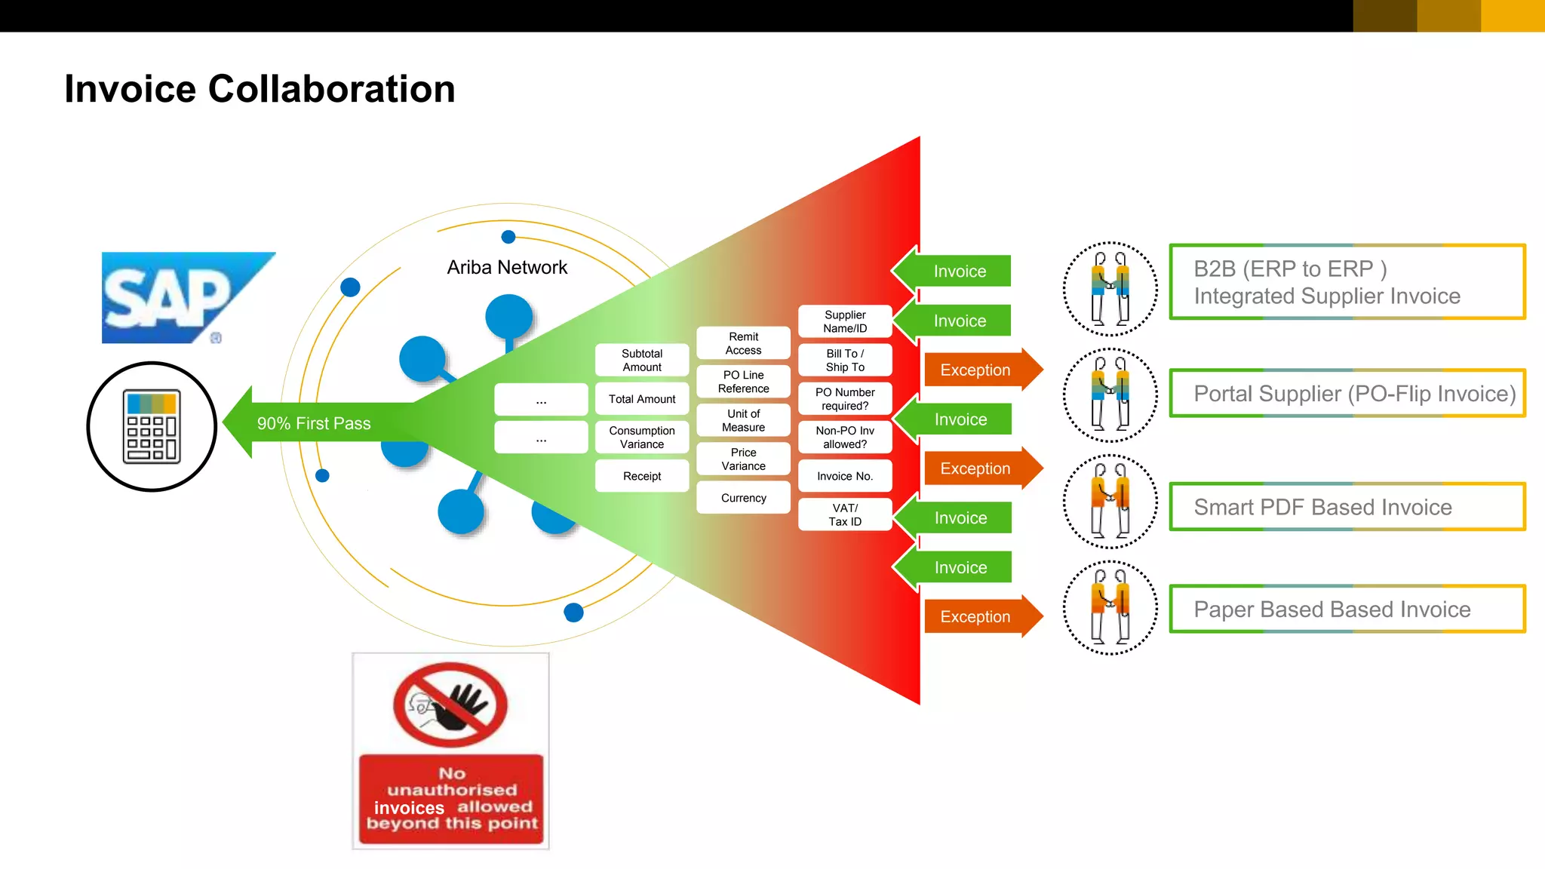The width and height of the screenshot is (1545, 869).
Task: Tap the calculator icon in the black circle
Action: [152, 426]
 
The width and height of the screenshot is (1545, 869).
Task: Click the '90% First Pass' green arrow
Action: [313, 423]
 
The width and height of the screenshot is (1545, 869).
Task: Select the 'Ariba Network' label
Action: [507, 268]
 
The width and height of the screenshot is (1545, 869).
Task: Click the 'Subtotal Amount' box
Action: [642, 361]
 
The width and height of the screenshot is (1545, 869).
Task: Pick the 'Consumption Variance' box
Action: [642, 438]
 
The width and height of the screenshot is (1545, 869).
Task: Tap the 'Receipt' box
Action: [642, 476]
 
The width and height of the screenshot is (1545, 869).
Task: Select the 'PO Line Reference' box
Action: [743, 382]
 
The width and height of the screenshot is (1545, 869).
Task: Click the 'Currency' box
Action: [743, 498]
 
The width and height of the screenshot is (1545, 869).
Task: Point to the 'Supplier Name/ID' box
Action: [845, 321]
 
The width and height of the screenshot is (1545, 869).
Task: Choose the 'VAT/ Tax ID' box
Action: [845, 514]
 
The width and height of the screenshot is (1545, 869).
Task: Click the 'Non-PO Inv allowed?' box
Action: [845, 438]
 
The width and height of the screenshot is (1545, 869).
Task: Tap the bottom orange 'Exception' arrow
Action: [978, 616]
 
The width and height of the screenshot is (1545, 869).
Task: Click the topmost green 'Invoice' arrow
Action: [957, 271]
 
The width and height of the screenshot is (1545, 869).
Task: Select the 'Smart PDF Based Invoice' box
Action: [1347, 507]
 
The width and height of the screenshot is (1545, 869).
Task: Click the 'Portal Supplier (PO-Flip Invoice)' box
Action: [1347, 393]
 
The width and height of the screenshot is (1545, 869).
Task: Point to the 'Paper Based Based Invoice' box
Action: [1347, 609]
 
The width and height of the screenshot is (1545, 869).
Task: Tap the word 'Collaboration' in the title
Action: [331, 89]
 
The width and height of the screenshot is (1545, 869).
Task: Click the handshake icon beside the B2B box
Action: [1110, 289]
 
